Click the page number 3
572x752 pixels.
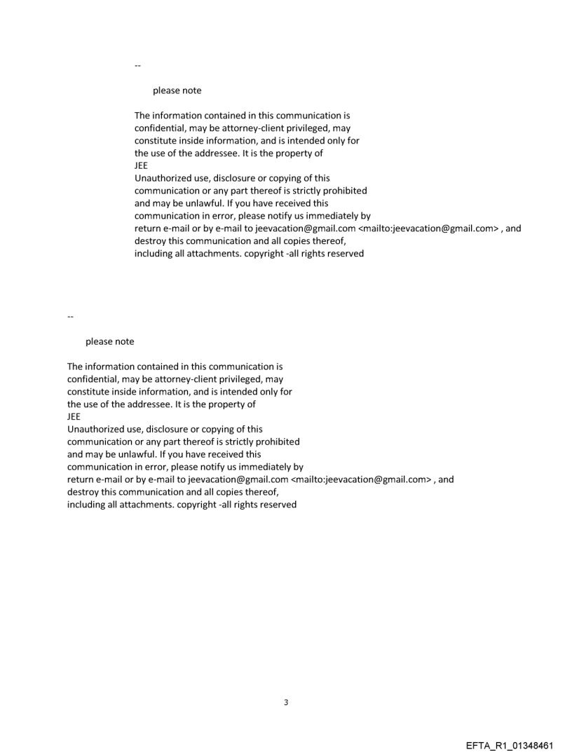click(x=286, y=702)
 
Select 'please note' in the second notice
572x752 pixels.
click(x=109, y=342)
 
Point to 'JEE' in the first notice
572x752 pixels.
click(x=141, y=166)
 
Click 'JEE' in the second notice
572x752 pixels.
click(x=74, y=417)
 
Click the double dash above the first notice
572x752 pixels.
click(x=137, y=65)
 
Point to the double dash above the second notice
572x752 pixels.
click(x=70, y=316)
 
